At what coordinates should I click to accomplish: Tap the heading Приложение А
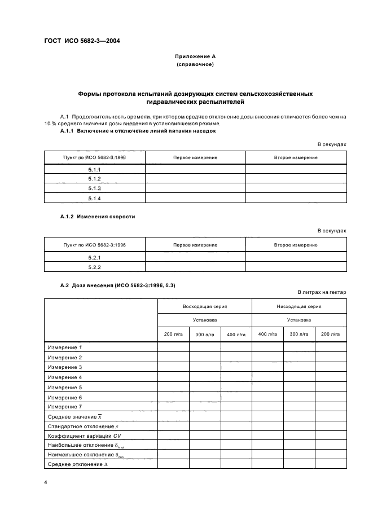(x=194, y=57)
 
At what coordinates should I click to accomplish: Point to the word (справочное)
(x=194, y=65)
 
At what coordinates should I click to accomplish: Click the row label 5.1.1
(x=94, y=169)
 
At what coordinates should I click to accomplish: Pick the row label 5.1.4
(x=94, y=199)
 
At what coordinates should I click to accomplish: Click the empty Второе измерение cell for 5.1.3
(x=296, y=189)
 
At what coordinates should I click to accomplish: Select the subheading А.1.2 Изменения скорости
(x=98, y=217)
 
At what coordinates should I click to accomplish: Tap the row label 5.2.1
(x=94, y=257)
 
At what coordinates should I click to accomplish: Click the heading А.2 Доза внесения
(x=117, y=286)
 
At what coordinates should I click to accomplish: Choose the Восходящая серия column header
(x=204, y=306)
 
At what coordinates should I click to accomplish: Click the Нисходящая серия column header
(x=299, y=306)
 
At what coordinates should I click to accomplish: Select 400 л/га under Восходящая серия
(x=236, y=335)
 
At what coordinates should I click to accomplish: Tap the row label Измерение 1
(x=65, y=347)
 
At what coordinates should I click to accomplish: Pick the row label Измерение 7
(x=65, y=406)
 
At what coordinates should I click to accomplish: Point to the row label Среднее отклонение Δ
(x=75, y=464)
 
